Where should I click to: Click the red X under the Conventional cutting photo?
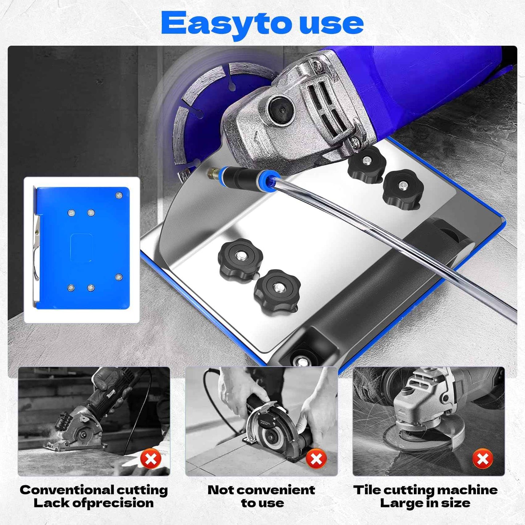click(x=151, y=459)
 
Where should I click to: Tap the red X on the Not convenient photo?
click(x=316, y=459)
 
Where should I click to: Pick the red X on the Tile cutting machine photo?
click(x=482, y=459)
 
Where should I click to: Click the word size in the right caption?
click(x=457, y=503)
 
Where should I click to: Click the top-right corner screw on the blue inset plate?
click(x=119, y=195)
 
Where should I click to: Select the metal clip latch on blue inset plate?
click(x=36, y=247)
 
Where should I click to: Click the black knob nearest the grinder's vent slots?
click(x=366, y=163)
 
